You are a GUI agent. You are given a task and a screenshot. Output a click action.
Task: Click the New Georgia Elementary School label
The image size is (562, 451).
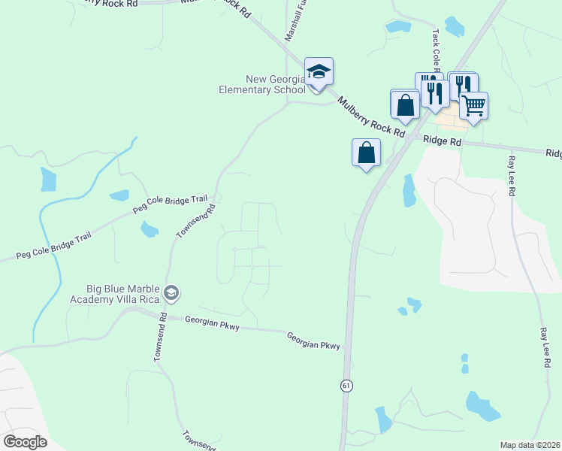pos(274,84)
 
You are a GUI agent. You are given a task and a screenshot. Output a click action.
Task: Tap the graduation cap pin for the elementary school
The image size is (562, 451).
pos(319,72)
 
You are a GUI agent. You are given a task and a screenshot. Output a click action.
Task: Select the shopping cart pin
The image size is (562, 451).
pos(473,105)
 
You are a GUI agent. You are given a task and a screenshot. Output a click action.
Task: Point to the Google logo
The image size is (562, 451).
pos(25,441)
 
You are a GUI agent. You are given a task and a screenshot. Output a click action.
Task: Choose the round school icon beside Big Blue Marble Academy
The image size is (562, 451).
pos(171,292)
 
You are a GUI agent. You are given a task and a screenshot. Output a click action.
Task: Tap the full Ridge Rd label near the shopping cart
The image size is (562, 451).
pos(442,141)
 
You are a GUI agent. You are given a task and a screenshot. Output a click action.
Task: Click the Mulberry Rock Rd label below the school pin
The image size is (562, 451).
pos(370,117)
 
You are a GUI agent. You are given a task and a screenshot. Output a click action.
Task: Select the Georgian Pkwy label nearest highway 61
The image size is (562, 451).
pos(314,341)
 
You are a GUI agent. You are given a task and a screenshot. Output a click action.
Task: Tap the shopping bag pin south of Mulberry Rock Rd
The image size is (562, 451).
pos(366,153)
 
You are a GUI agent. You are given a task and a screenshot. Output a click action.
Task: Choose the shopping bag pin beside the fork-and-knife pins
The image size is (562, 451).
pos(405,104)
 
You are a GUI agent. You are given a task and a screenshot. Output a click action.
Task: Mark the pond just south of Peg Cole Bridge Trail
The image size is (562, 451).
pos(149,229)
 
